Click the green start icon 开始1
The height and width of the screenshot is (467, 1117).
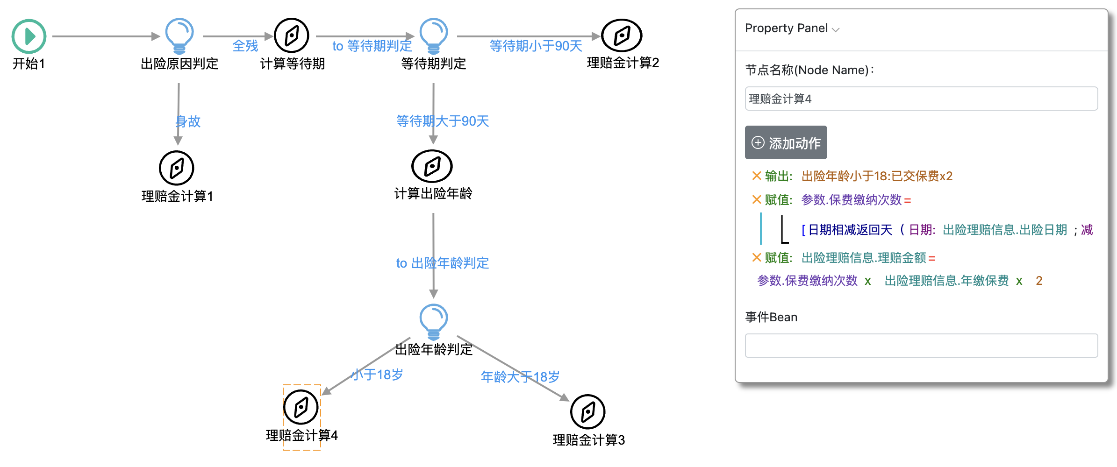tap(29, 36)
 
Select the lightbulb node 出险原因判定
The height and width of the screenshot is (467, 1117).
tap(179, 35)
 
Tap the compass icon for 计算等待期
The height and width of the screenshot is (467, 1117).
tap(292, 35)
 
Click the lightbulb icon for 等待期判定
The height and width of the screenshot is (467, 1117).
tap(434, 35)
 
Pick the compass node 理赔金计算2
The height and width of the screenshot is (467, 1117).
tap(622, 35)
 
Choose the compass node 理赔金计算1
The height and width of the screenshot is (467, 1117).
tap(177, 168)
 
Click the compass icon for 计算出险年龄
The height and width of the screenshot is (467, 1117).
tap(432, 166)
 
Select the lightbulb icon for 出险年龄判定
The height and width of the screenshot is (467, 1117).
tap(434, 321)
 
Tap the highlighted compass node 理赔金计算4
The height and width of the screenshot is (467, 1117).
tap(301, 407)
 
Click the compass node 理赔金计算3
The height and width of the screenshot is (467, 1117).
tap(588, 412)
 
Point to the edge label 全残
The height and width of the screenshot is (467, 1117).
tap(245, 46)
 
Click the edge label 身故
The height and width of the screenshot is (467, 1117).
tap(188, 121)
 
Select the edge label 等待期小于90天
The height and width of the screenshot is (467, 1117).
tap(536, 46)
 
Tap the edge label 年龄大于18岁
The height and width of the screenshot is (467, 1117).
tap(520, 376)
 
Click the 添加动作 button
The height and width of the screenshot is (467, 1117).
tap(786, 143)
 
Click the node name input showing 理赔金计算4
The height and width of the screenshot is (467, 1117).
tap(921, 99)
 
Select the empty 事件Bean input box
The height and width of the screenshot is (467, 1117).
tap(921, 346)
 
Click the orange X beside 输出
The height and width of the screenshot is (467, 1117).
tap(757, 176)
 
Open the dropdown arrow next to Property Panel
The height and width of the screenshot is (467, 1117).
tap(836, 29)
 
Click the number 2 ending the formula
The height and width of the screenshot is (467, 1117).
tap(1039, 281)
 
